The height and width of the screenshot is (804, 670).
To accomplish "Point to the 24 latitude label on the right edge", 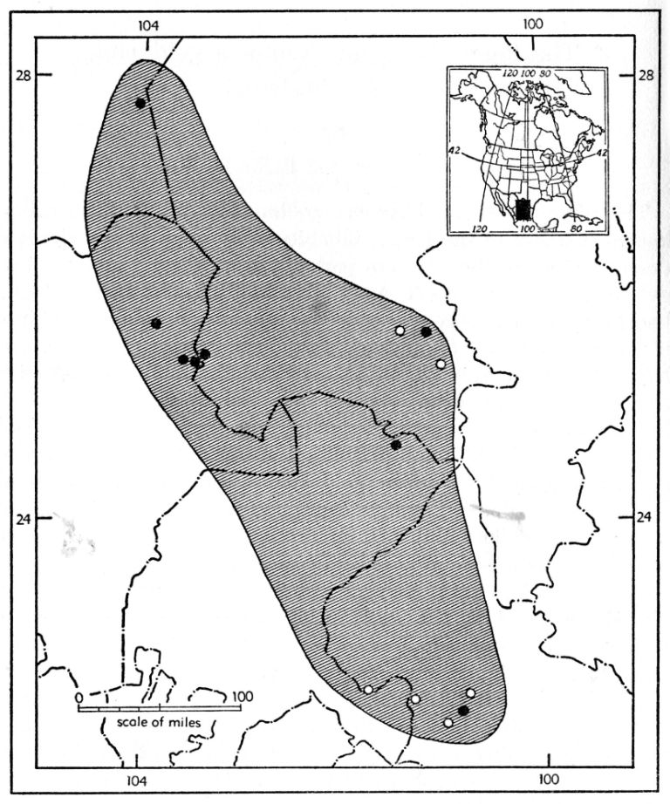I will pyautogui.click(x=644, y=517).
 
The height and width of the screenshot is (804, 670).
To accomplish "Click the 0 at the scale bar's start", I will pyautogui.click(x=79, y=697).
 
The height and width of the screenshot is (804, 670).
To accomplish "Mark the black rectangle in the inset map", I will pyautogui.click(x=523, y=210).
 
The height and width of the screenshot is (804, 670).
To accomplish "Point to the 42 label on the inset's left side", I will pyautogui.click(x=455, y=150).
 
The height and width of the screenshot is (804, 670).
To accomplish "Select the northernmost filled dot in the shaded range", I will pyautogui.click(x=140, y=103).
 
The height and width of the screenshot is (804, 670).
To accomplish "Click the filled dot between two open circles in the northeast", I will pyautogui.click(x=426, y=331).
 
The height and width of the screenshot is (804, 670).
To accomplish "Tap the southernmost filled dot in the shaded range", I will pyautogui.click(x=463, y=712).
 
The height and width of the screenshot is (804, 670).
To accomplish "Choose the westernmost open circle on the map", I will pyautogui.click(x=369, y=690).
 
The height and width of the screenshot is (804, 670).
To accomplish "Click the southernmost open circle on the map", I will pyautogui.click(x=448, y=722).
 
